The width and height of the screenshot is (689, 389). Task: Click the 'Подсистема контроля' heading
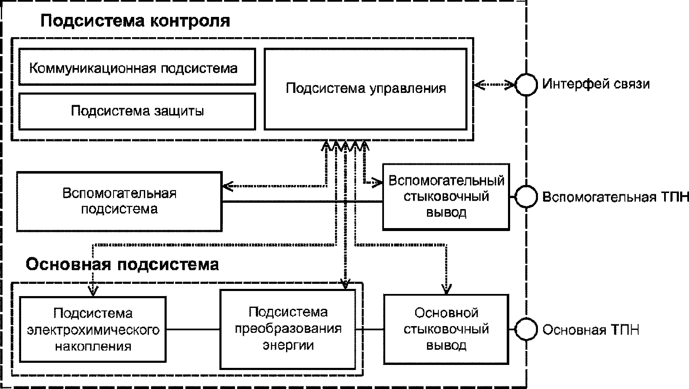(135, 21)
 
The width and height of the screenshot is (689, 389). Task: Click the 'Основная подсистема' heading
(122, 264)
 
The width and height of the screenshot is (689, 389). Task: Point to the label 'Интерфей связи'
(596, 84)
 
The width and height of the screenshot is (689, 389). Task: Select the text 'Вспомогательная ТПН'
(615, 197)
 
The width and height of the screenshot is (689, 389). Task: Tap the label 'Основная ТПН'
(591, 330)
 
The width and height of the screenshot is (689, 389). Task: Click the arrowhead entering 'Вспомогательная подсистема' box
(227, 186)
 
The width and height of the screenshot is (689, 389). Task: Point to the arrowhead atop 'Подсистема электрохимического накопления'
(93, 291)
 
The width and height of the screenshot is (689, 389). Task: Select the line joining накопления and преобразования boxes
(193, 329)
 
